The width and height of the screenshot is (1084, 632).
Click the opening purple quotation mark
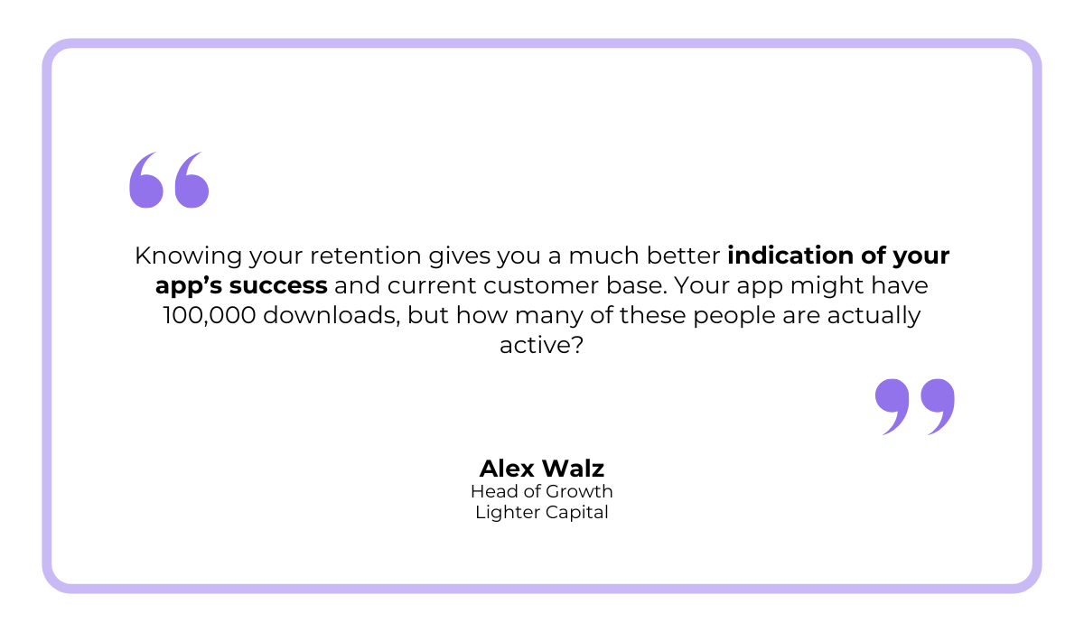coord(169,180)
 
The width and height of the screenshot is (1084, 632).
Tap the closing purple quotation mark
coord(914,406)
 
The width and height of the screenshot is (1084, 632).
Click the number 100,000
coord(205,316)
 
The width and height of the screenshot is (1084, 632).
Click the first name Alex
coord(509,469)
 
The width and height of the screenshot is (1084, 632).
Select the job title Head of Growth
coord(542,492)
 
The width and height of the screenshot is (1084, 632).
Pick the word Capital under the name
coord(576,513)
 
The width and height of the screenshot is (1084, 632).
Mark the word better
coord(685,256)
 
